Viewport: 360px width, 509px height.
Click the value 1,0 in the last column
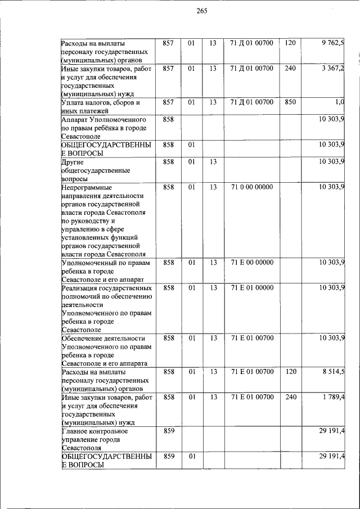click(339, 102)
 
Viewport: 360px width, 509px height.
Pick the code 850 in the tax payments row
click(290, 102)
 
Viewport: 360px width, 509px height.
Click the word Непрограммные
click(87, 187)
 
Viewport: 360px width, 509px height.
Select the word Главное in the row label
click(76, 431)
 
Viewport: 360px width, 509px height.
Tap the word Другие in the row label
click(73, 162)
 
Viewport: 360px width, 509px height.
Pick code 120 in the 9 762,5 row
click(290, 43)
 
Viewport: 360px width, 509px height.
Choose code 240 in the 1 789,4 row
click(290, 398)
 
